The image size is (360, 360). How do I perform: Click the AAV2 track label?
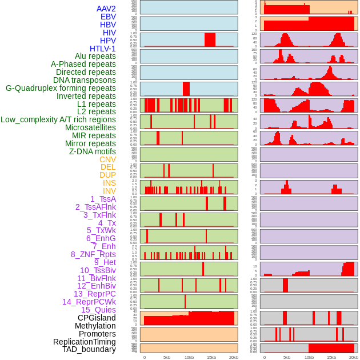point(106,9)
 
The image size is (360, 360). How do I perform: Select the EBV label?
point(108,17)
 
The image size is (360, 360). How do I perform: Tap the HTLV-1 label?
point(103,49)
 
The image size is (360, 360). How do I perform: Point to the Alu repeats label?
point(95,57)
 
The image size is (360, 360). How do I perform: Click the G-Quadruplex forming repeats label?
point(61,88)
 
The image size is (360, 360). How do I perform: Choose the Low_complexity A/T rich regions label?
point(58,119)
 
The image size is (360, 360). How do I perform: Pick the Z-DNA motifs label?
point(93,151)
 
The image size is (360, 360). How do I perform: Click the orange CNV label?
point(107,159)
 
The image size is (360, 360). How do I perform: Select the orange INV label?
point(109,191)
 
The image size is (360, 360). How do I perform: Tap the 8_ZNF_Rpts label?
point(93,254)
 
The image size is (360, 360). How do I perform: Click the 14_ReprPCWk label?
point(89,302)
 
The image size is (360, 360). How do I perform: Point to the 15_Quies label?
point(98,310)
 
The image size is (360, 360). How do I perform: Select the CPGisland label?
point(97,318)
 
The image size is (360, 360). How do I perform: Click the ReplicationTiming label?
point(84,342)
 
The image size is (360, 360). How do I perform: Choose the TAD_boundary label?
point(89,349)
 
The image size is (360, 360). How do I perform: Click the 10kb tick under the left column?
point(189,357)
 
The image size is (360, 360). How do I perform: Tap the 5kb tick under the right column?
point(286,357)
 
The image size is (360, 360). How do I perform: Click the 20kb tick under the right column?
point(354,357)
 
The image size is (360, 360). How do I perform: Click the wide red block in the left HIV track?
point(210,39)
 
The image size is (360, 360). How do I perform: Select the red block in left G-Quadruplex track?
point(186,89)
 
